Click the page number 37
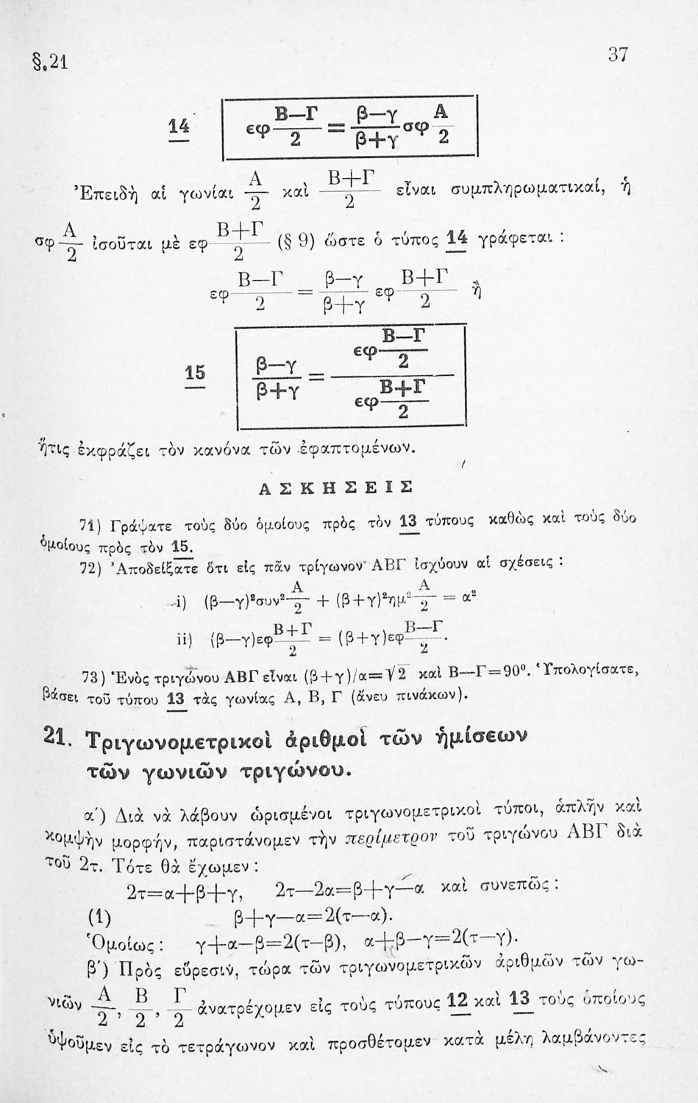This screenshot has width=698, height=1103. tap(619, 54)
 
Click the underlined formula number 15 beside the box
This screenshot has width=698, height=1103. tap(194, 374)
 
